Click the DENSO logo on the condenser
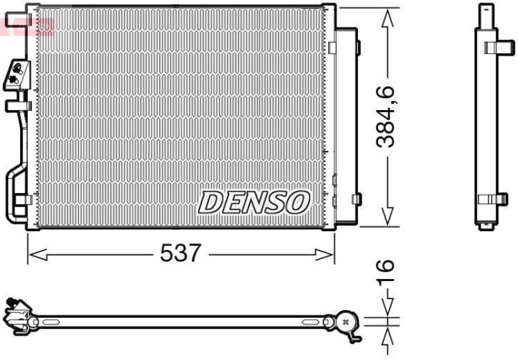[x=253, y=202]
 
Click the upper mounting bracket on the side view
[x=495, y=46]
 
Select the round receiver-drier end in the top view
[x=344, y=321]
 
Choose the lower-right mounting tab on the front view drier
[x=355, y=199]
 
